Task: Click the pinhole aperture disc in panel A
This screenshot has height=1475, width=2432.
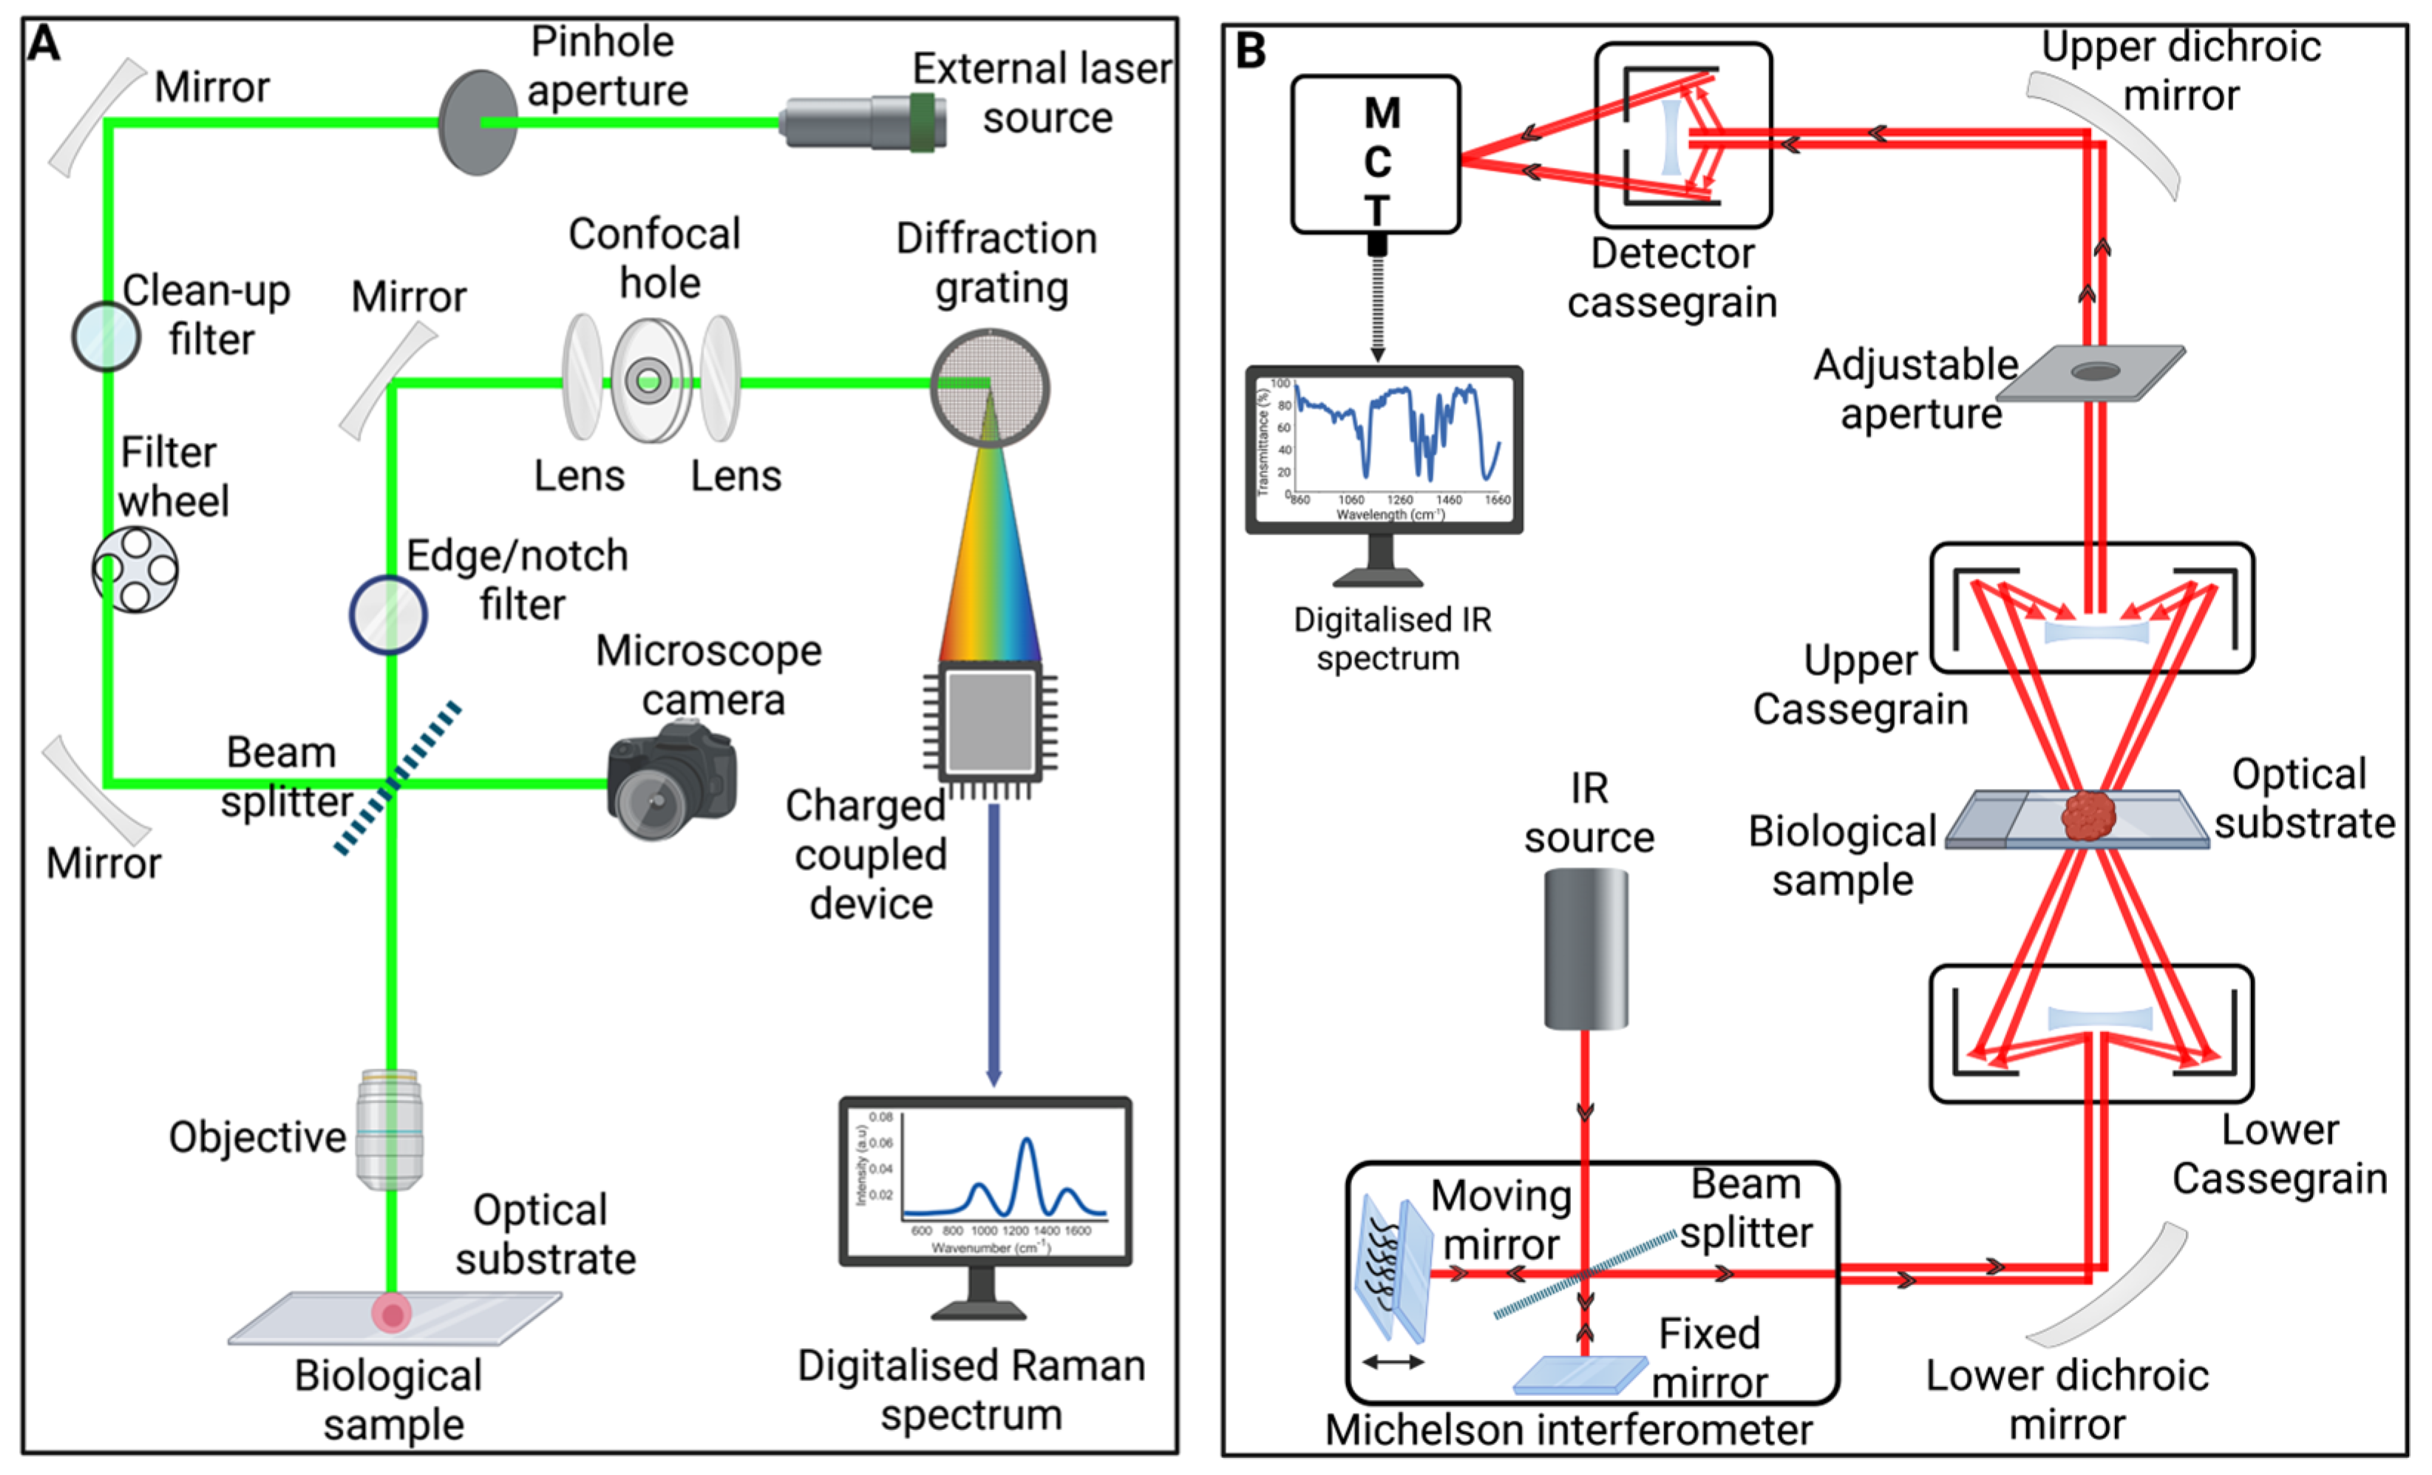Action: (x=477, y=123)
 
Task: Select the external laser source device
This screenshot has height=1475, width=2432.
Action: (x=863, y=123)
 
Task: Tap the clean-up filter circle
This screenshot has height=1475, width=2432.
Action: (x=106, y=336)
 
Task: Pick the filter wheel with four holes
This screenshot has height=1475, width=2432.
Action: (x=135, y=569)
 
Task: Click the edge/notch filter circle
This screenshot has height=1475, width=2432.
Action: (x=388, y=615)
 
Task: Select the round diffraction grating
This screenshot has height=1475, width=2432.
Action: (x=989, y=387)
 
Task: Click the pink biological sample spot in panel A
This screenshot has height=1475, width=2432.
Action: (x=392, y=1313)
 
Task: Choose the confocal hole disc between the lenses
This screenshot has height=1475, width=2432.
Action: (x=650, y=380)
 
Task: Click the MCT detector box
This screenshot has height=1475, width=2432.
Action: (x=1375, y=155)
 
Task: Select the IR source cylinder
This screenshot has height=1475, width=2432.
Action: (x=1585, y=948)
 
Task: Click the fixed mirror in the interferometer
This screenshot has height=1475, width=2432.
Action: (x=1579, y=1375)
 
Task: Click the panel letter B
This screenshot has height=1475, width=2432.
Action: (x=1251, y=50)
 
